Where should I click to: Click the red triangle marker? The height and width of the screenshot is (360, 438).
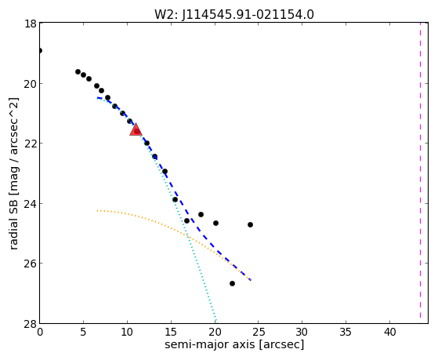(x=136, y=129)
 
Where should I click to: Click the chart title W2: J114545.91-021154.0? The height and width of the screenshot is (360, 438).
(x=234, y=14)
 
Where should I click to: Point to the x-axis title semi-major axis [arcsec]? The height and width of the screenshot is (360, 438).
(x=234, y=344)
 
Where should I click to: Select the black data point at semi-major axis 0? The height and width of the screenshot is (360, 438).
(x=40, y=51)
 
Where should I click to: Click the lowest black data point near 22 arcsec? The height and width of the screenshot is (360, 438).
(x=232, y=284)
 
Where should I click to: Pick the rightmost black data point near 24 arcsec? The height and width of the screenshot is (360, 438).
(x=250, y=224)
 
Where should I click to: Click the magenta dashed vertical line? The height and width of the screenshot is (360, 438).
(x=420, y=173)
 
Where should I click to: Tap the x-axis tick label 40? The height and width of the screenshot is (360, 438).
(x=389, y=332)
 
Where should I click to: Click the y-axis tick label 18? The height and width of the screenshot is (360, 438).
(x=31, y=24)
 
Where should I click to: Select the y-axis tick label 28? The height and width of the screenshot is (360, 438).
(x=31, y=324)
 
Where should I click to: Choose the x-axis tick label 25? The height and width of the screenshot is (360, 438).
(x=259, y=332)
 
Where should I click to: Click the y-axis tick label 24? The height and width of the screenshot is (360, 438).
(x=31, y=203)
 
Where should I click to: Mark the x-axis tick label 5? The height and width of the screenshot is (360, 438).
(x=84, y=332)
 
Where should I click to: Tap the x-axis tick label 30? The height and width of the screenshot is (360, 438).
(x=302, y=332)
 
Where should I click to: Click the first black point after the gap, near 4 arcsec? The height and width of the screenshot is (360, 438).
(x=78, y=72)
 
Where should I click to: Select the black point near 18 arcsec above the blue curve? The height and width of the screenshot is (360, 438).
(x=201, y=215)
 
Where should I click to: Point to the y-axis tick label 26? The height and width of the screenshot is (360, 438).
(x=31, y=264)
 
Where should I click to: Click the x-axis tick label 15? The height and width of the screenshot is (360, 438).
(x=171, y=332)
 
